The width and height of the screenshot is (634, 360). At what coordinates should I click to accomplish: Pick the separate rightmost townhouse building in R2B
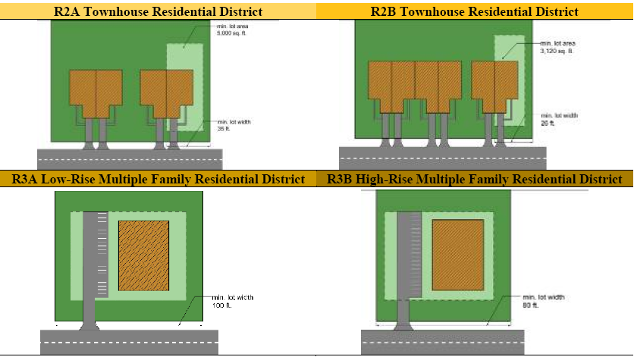[494, 87]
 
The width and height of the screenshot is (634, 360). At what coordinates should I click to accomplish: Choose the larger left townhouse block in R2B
[414, 87]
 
